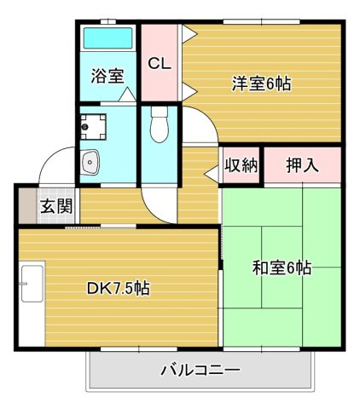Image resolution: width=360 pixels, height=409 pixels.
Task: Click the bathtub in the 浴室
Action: tap(108, 38)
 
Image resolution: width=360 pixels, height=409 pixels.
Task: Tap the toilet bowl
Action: tap(160, 124)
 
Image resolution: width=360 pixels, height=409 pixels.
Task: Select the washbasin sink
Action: tap(90, 162)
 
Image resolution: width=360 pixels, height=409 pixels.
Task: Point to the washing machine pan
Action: tap(93, 127)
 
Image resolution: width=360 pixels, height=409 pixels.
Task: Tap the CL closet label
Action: tap(160, 64)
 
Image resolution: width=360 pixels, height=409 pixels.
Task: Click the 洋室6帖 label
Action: tap(261, 84)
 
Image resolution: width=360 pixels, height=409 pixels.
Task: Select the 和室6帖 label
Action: tap(282, 268)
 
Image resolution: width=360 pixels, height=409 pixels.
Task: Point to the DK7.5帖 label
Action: tap(118, 289)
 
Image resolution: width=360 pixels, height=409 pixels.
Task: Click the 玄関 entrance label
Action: tap(56, 206)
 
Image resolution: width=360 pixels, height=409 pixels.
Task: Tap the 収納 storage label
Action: tap(241, 165)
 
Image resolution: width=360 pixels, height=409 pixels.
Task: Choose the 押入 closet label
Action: tap(302, 165)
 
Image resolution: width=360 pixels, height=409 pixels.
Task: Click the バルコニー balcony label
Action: tap(200, 371)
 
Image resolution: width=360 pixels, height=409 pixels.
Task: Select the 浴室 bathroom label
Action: tap(107, 76)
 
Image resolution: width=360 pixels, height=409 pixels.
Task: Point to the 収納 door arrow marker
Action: tap(212, 173)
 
